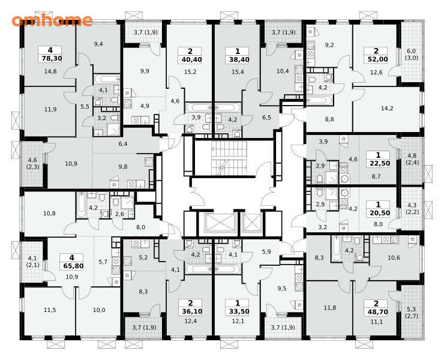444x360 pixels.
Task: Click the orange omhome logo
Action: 52,20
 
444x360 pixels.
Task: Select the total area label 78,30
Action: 50,59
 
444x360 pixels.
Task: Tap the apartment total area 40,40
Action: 190,59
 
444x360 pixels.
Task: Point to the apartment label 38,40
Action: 237,59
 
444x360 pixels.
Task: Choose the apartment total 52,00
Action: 376,59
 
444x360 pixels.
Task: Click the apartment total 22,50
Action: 380,163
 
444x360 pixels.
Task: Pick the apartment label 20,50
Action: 380,213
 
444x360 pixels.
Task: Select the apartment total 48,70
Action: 376,312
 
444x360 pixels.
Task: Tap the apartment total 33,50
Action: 237,311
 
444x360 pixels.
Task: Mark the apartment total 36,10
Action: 190,311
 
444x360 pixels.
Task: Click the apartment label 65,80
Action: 71,266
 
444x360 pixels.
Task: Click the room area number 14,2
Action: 387,108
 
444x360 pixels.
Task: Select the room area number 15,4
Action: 238,72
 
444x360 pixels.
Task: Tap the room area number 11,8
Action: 330,308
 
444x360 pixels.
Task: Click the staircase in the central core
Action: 229,158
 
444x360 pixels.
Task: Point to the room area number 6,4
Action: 123,144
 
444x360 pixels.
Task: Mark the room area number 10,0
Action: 99,310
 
